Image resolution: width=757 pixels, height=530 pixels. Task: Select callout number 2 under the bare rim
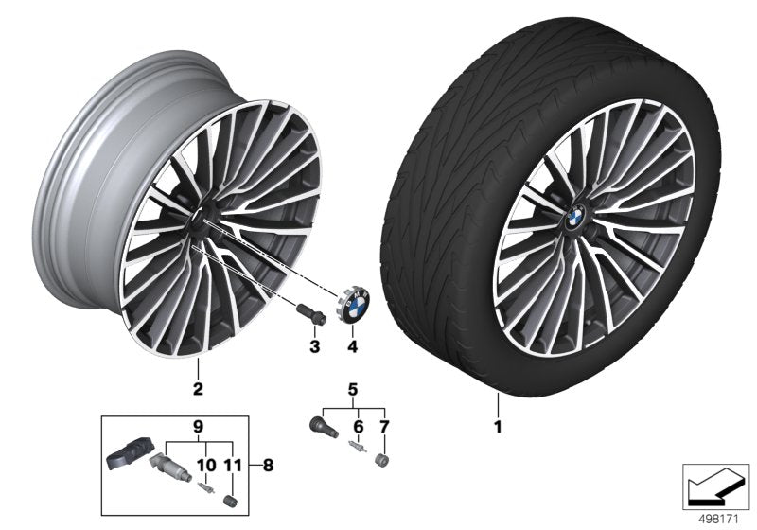199,387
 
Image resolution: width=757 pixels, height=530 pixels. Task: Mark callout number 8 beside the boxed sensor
270,465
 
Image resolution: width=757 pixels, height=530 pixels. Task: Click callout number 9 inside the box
198,426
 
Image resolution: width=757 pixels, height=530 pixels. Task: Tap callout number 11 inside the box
233,465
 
